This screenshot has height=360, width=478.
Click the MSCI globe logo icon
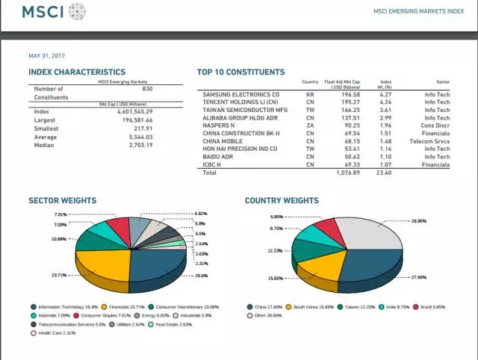click(77, 12)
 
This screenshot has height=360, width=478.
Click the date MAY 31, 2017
click(47, 56)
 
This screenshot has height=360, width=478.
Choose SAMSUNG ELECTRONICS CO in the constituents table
click(240, 95)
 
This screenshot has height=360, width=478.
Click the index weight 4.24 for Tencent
click(385, 103)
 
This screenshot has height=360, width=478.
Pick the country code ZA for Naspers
click(309, 125)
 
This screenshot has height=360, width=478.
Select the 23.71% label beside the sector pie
click(59, 276)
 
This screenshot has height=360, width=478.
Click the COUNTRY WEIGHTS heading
click(282, 201)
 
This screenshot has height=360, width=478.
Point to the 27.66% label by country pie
click(420, 277)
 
